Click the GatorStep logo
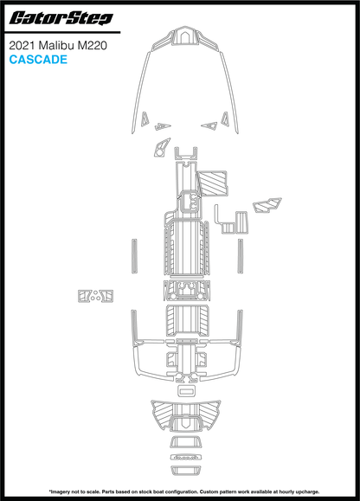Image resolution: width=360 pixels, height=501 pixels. [x=61, y=18]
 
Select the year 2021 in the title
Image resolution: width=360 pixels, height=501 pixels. [x=22, y=46]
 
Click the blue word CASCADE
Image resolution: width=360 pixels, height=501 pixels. [x=38, y=60]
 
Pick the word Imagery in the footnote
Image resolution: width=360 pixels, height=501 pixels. [x=60, y=491]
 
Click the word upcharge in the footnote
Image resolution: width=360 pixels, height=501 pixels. [x=307, y=491]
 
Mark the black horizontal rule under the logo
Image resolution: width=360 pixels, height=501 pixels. [x=62, y=32]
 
